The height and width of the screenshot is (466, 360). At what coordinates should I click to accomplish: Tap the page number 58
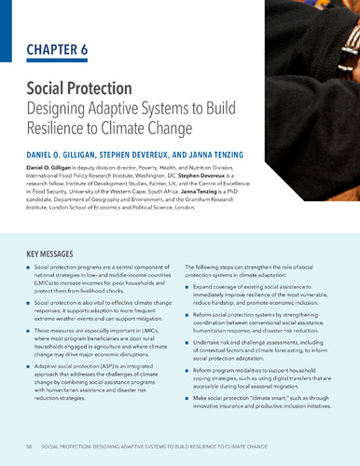coord(32,447)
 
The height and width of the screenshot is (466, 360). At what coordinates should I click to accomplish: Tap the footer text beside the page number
coord(177,447)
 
